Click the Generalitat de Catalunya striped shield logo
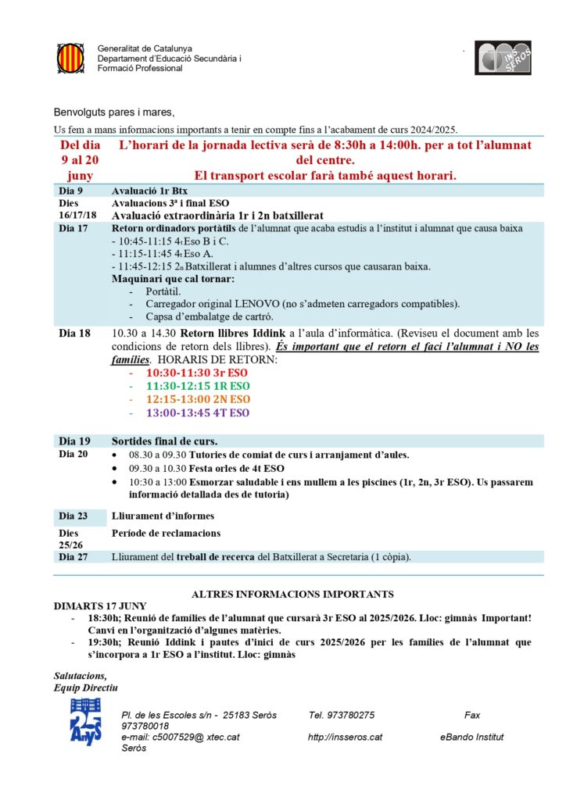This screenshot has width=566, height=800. click(x=70, y=58)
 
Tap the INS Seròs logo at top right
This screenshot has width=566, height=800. click(x=503, y=58)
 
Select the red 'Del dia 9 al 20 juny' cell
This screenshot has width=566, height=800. click(x=81, y=160)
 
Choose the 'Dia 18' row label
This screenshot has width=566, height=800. click(x=74, y=333)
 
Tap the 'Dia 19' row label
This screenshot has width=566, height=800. click(x=74, y=441)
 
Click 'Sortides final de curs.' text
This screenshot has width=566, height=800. click(x=165, y=441)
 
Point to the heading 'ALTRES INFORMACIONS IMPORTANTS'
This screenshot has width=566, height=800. click(x=292, y=595)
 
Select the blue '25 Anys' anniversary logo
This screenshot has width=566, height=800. click(x=85, y=721)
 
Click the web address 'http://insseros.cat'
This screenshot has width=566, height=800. click(x=345, y=737)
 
